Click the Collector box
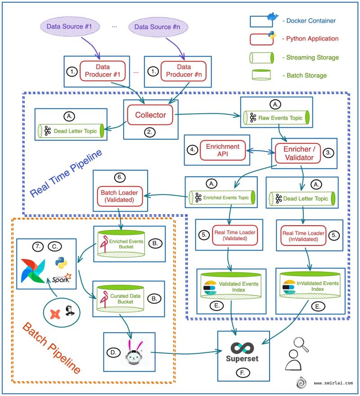(x=151, y=115)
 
